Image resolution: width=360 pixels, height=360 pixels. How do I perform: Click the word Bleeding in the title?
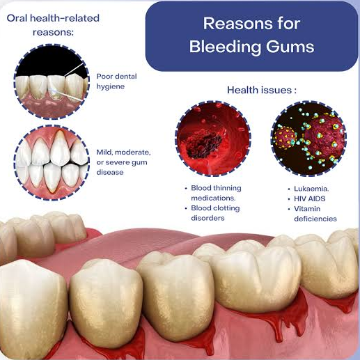225,47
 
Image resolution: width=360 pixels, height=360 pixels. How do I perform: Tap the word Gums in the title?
290,47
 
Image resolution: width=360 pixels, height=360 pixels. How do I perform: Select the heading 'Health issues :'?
262,90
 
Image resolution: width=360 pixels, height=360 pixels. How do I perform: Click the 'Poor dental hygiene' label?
116,81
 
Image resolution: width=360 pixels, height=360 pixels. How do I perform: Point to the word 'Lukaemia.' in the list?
311,189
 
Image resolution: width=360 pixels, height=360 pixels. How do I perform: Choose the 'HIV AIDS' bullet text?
310,198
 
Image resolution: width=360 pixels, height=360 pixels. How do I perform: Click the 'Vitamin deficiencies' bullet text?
315,214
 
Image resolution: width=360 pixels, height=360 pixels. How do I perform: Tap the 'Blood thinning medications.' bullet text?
216,193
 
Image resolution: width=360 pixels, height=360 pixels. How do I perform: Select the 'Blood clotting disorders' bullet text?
215,213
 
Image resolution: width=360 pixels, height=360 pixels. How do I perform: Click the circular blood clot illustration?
213,139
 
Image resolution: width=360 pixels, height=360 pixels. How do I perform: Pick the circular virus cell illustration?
308,139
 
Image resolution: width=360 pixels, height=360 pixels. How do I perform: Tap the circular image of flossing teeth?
52,81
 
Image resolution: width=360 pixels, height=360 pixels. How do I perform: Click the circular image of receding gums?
52,162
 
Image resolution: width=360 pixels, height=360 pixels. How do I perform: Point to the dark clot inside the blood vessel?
204,144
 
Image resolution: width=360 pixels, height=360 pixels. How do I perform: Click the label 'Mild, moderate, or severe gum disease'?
123,162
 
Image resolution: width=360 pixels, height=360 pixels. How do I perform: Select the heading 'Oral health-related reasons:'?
53,25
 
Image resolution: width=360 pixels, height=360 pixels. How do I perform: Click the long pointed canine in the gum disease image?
60,148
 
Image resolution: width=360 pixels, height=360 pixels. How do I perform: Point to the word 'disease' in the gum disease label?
110,173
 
